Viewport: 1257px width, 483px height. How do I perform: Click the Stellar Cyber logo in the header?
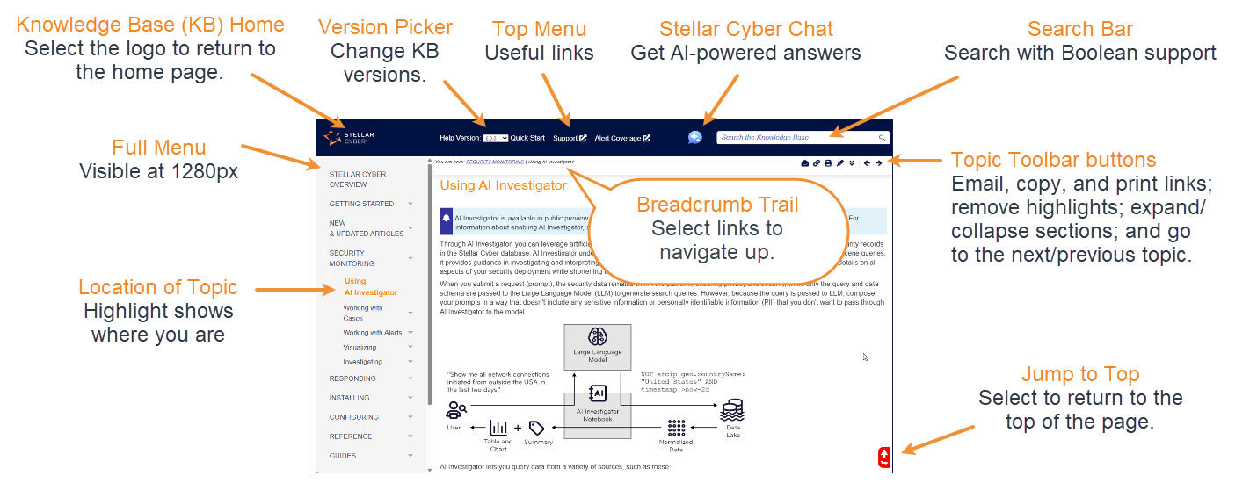point(349,137)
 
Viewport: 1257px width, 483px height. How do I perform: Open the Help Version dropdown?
point(495,138)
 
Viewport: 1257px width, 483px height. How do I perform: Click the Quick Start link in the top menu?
point(527,138)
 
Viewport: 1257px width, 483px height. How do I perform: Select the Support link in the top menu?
point(570,138)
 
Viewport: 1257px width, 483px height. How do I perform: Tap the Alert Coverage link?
point(622,138)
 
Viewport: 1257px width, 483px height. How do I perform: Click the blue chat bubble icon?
point(695,138)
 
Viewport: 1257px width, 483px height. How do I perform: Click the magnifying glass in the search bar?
point(882,138)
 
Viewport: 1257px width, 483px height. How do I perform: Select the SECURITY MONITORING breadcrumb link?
point(495,162)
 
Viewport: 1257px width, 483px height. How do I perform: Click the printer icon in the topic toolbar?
point(828,162)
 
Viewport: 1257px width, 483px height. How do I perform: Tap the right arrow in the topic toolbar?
point(878,162)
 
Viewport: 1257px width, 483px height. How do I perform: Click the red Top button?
point(884,457)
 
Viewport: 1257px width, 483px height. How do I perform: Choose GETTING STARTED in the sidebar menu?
point(361,204)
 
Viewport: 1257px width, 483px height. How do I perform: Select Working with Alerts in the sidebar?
point(372,333)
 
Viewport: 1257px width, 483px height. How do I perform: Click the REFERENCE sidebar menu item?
point(351,436)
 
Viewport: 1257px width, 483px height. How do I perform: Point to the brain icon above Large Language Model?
point(597,336)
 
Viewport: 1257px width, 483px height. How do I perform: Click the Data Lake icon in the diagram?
point(731,410)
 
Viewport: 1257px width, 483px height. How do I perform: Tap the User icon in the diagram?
point(455,409)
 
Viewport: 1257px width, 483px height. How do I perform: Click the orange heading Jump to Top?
point(1079,375)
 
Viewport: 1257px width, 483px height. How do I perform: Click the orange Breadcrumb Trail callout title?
point(717,205)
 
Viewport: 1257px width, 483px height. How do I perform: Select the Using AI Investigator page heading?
point(503,185)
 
